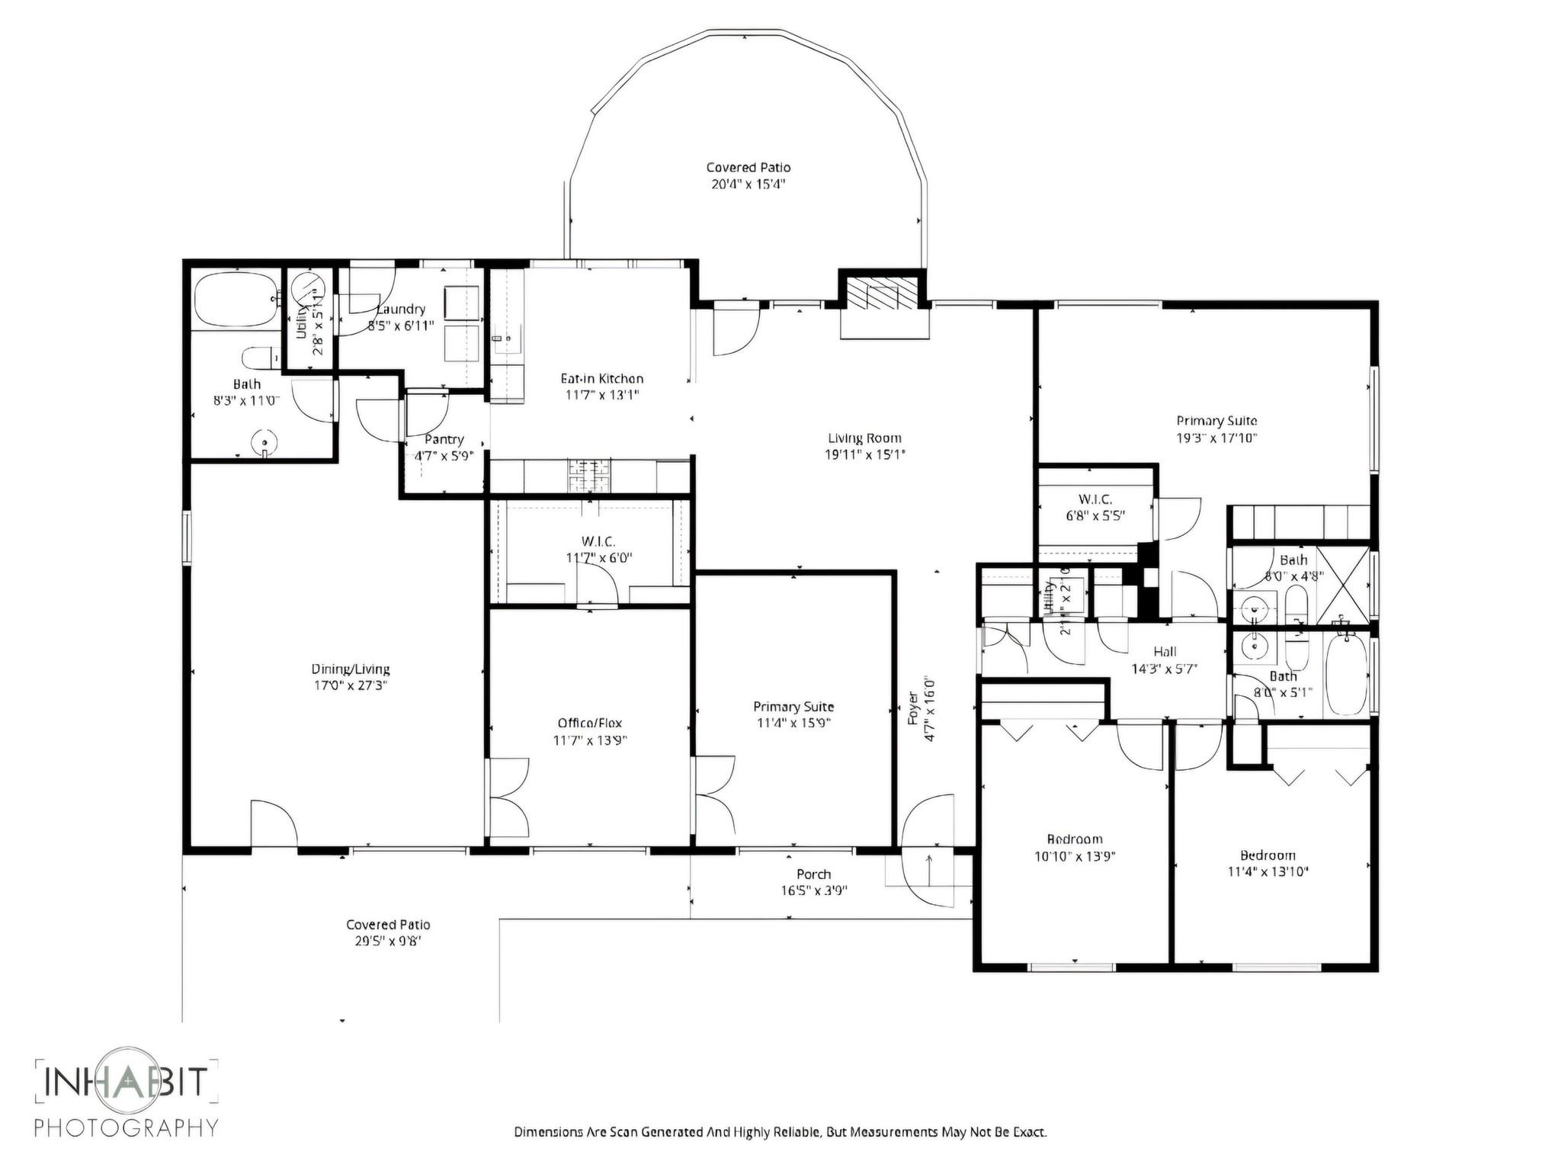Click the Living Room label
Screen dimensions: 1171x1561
864,438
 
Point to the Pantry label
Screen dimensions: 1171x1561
444,440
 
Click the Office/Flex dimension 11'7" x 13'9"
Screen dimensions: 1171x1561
590,740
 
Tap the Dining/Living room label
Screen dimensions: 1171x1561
351,669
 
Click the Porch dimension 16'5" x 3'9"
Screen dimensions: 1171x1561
813,890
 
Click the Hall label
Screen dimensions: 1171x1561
1164,652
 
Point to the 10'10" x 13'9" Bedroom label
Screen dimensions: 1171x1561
1074,839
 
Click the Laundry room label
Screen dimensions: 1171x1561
401,310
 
